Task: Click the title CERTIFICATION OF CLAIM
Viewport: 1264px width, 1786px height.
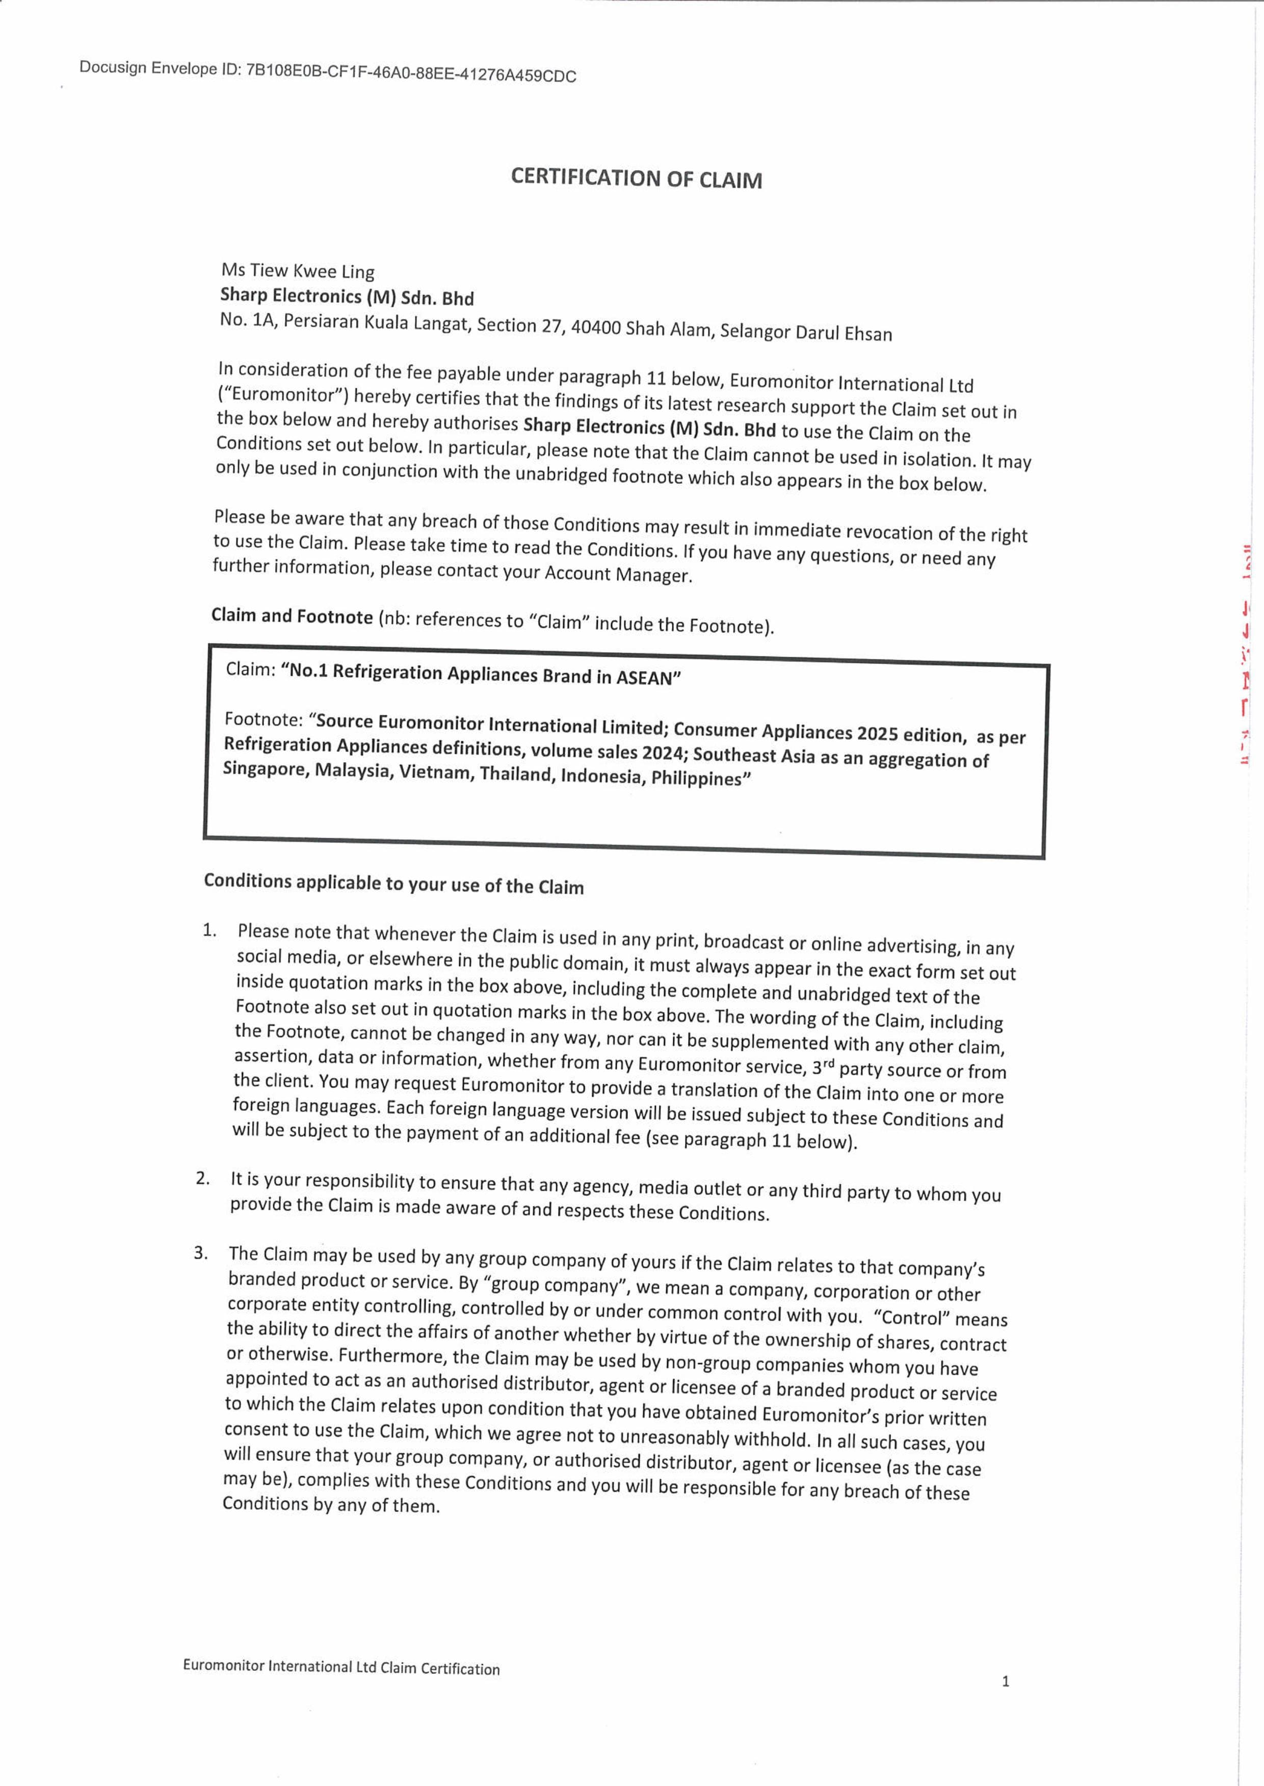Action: click(636, 178)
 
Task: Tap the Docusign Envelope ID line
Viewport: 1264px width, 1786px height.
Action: click(328, 72)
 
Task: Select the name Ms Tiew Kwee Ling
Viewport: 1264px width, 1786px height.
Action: click(297, 271)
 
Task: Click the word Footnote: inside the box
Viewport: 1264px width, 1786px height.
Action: click(263, 719)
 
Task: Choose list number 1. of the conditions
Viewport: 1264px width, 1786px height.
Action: click(209, 930)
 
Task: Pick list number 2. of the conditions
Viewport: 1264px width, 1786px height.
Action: click(203, 1178)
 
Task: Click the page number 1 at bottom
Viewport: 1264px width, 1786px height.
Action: click(1005, 1681)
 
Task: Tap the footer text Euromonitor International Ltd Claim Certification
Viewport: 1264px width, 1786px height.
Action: click(341, 1667)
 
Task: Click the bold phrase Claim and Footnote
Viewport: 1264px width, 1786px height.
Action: click(292, 617)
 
